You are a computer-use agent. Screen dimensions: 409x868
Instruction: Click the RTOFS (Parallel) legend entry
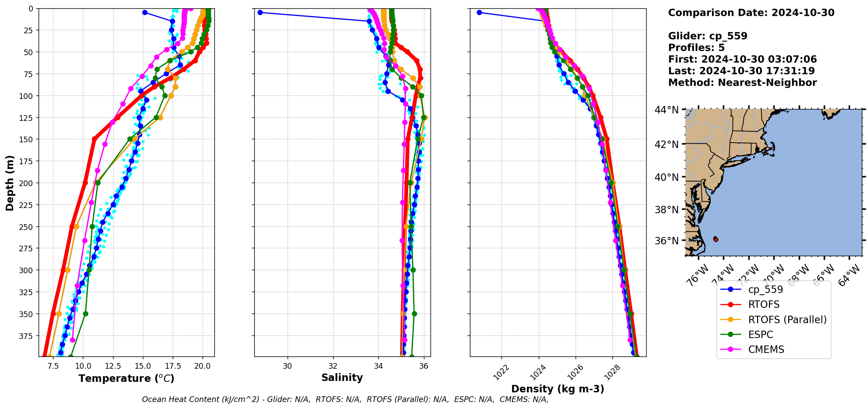click(x=787, y=320)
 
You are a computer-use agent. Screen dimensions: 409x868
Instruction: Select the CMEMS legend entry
click(x=766, y=349)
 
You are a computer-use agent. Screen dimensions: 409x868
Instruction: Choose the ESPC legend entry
click(x=761, y=335)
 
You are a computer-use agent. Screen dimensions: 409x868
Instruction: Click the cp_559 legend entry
click(x=765, y=289)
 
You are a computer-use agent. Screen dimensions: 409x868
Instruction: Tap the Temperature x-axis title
click(x=126, y=378)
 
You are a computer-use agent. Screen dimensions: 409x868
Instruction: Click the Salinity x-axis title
click(x=342, y=377)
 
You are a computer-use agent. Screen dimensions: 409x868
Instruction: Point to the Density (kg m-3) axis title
click(x=558, y=389)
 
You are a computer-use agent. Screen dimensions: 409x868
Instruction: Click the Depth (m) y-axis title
click(x=10, y=183)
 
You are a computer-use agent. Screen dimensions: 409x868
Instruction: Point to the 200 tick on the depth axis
click(x=27, y=183)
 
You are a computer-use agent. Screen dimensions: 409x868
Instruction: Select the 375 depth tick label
click(x=27, y=336)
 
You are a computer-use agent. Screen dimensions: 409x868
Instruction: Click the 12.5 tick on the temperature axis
click(x=113, y=366)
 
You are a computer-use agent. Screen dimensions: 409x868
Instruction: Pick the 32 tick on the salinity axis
click(x=333, y=366)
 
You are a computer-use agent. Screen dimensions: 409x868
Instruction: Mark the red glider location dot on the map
click(x=716, y=239)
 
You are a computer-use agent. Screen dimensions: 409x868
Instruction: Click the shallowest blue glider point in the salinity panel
click(x=260, y=12)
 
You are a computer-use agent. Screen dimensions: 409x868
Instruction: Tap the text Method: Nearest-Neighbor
click(x=742, y=83)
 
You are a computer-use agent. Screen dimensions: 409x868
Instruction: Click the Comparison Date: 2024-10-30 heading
click(x=751, y=13)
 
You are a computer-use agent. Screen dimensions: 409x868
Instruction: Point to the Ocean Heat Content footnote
click(x=345, y=399)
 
